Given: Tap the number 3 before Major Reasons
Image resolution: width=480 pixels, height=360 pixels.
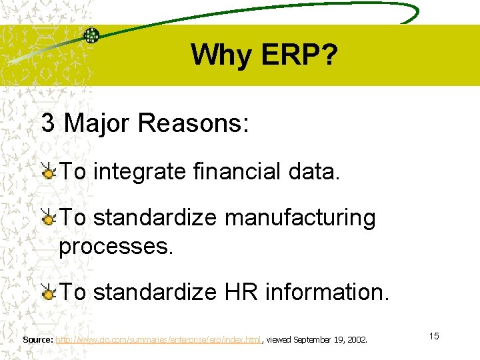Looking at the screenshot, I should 48,123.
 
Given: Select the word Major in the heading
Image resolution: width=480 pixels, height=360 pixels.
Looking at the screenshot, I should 95,123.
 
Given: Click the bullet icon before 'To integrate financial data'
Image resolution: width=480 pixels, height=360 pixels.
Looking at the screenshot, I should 49,172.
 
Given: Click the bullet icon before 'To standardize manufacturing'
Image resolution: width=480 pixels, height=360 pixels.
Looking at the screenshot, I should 49,218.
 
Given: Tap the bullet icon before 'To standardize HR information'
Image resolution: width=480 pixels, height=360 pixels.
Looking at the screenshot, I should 49,292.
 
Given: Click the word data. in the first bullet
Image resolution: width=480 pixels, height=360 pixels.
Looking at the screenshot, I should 315,172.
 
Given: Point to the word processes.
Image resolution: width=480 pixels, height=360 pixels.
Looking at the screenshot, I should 116,247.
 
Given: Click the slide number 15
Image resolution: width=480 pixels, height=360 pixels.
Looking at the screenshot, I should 434,336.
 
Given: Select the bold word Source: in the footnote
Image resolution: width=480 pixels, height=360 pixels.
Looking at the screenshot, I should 38,339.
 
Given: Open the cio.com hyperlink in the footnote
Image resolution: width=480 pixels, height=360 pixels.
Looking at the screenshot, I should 158,339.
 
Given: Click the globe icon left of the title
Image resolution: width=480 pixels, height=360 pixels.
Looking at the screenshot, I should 91,35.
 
